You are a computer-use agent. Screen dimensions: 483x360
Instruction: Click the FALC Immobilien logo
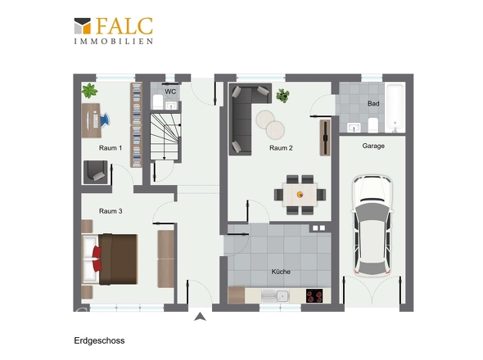click(114, 31)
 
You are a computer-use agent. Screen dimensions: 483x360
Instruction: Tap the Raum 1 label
click(111, 148)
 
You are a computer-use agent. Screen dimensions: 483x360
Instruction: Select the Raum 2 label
click(281, 148)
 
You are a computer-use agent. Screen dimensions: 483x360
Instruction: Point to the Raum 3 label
click(111, 211)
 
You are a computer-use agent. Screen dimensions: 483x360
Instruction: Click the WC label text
click(170, 92)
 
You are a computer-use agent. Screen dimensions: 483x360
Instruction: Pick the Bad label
click(373, 103)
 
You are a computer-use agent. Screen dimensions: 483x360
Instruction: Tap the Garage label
click(373, 146)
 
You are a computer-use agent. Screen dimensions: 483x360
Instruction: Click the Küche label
click(281, 272)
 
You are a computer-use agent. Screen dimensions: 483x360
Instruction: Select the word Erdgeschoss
click(99, 340)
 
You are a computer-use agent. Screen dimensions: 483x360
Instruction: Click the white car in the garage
click(372, 225)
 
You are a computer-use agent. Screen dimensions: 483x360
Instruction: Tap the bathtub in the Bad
click(395, 107)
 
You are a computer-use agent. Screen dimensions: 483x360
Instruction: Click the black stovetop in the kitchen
click(314, 295)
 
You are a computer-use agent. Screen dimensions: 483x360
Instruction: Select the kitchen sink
click(275, 296)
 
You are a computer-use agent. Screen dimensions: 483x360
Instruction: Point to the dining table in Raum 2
click(300, 195)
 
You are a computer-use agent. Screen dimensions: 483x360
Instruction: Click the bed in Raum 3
click(110, 259)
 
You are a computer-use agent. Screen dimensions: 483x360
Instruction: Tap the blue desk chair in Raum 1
click(105, 119)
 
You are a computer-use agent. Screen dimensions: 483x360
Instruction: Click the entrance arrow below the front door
click(200, 317)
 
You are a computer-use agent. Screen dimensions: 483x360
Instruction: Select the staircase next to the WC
click(165, 137)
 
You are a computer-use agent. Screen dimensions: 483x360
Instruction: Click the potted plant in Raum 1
click(89, 91)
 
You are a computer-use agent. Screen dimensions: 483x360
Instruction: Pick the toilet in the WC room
click(158, 101)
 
